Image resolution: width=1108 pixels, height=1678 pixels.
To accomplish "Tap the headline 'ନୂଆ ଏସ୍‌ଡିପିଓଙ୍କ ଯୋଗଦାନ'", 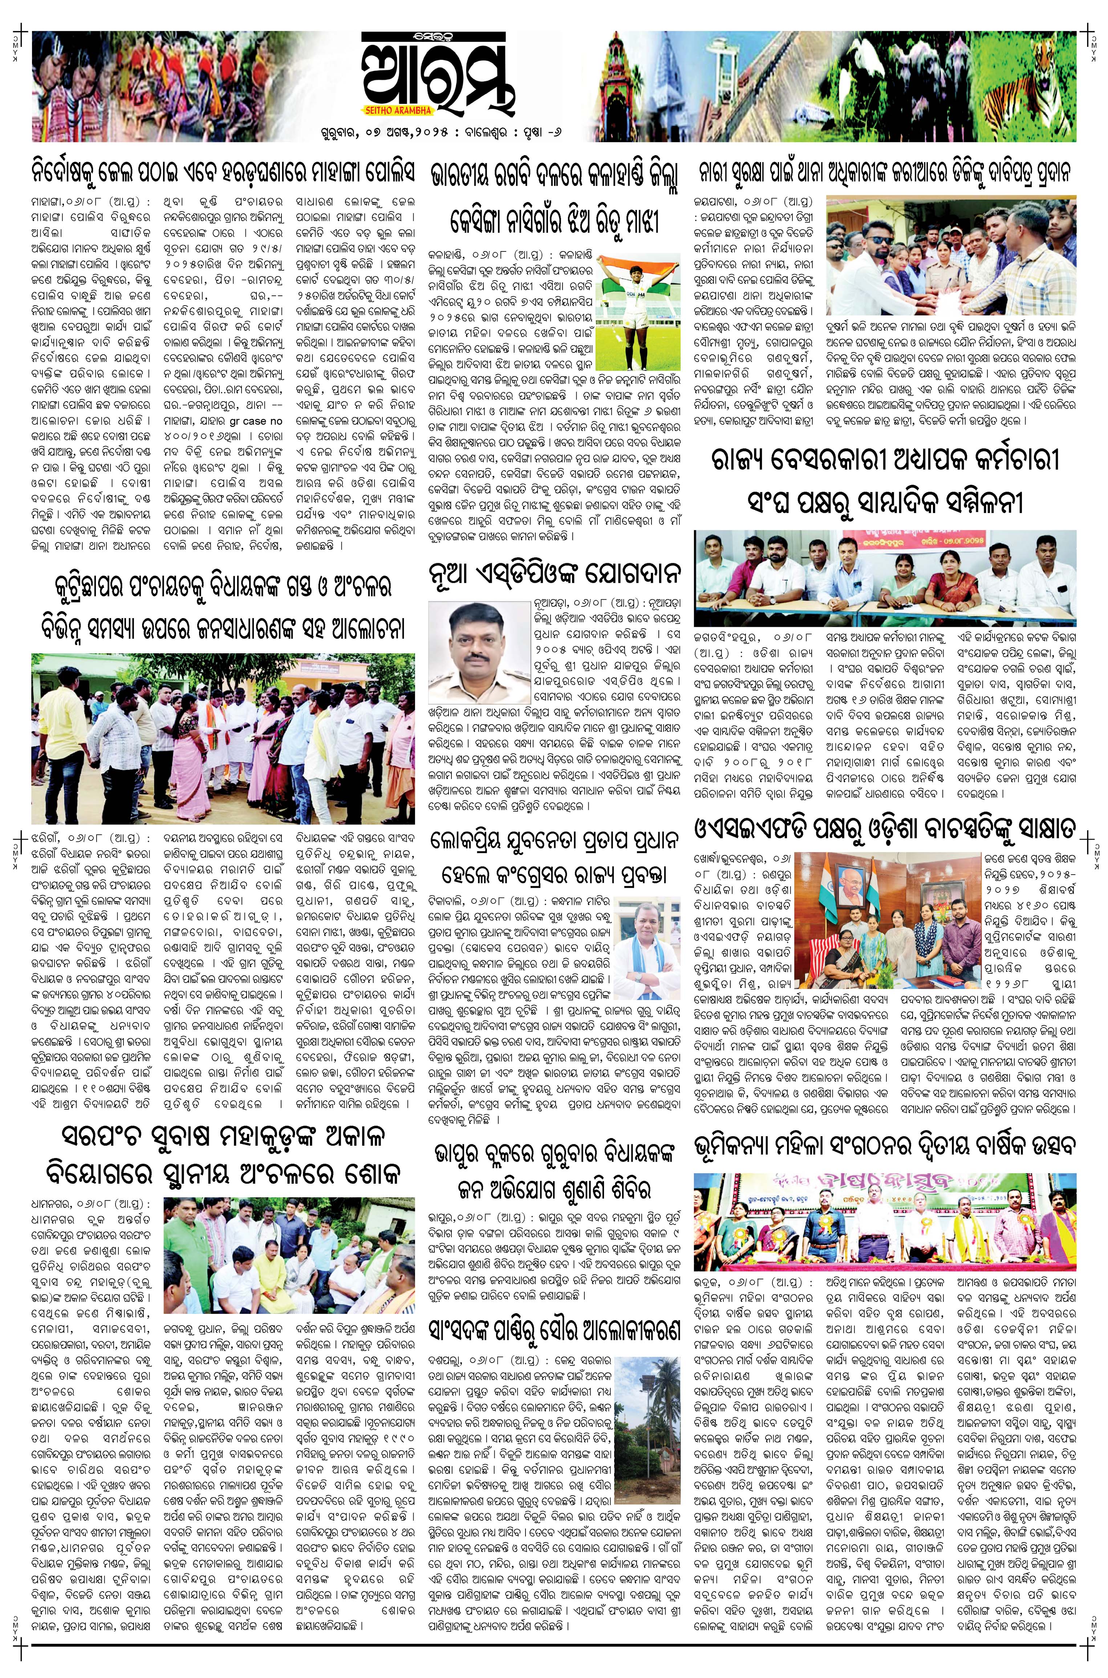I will (555, 571).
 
